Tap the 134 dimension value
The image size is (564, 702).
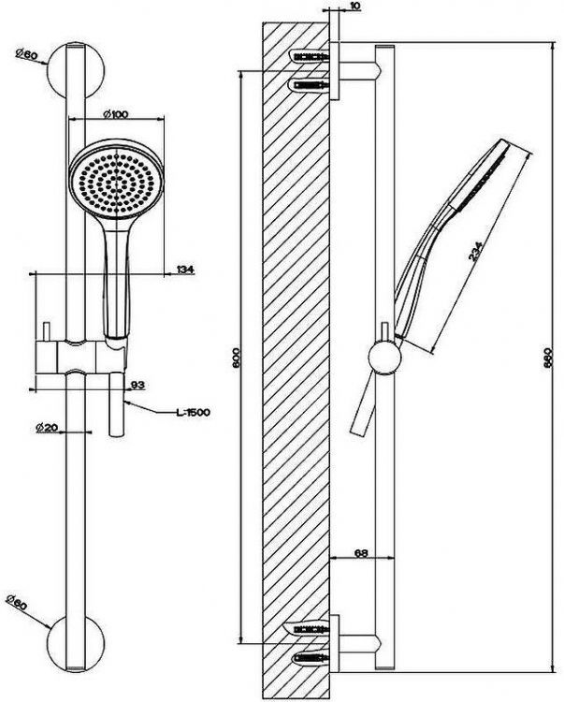[184, 271]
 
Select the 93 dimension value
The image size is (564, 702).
[137, 385]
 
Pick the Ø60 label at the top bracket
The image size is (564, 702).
[26, 54]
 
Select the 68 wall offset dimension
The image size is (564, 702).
[359, 555]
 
